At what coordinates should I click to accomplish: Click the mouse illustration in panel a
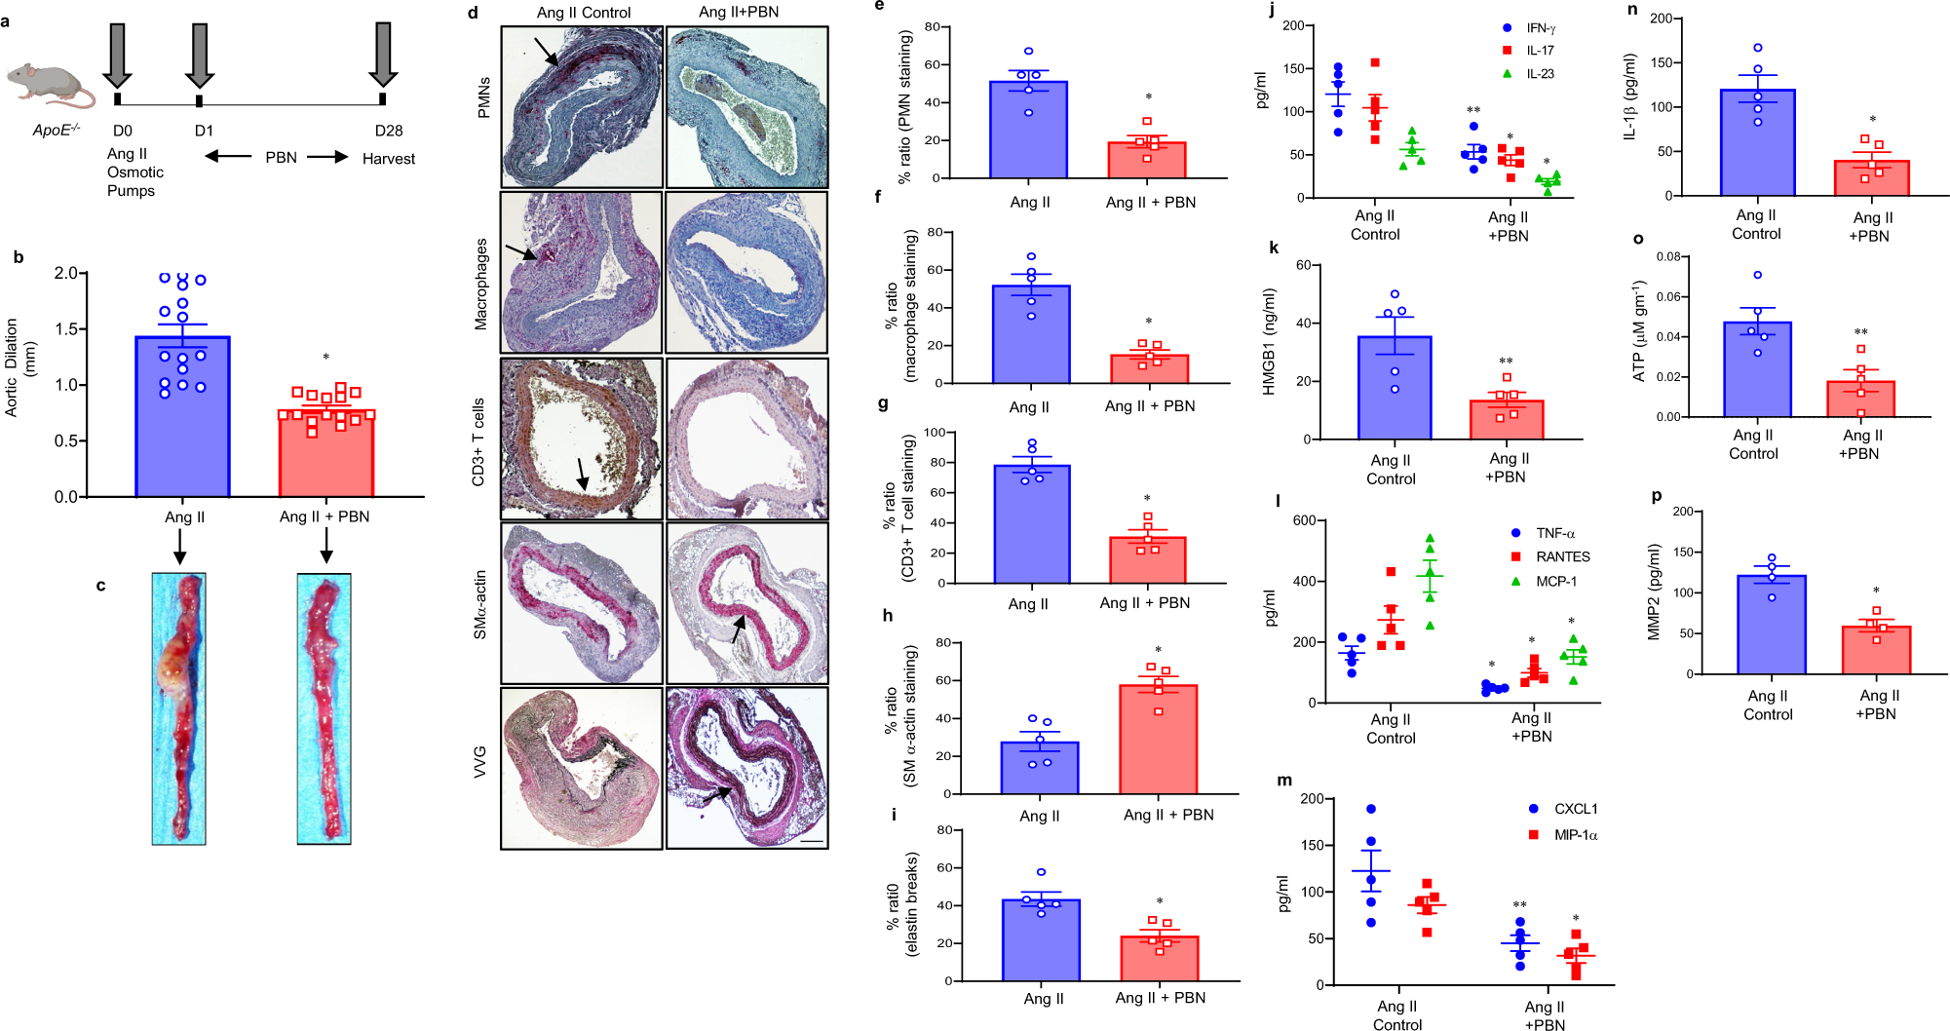click(49, 84)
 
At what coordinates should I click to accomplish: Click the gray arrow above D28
click(382, 54)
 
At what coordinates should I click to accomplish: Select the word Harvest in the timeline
click(388, 159)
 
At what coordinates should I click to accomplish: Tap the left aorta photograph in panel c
click(179, 708)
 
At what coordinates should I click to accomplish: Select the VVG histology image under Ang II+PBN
click(746, 768)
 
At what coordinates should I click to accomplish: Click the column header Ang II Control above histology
click(584, 13)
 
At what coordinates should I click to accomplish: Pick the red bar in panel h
click(1158, 741)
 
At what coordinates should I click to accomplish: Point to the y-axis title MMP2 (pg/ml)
click(1654, 592)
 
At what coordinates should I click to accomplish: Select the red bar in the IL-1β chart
click(1871, 178)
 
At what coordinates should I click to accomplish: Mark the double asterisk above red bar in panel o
click(1860, 332)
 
